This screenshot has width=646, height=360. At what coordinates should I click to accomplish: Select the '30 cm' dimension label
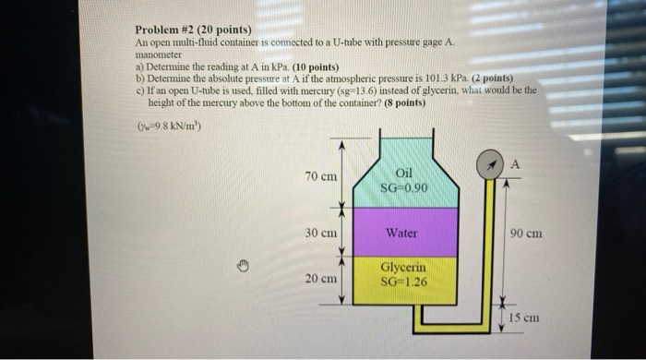pos(320,233)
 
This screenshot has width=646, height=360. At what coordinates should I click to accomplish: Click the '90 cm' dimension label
pos(525,234)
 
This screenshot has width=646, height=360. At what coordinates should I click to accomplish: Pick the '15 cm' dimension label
pos(522,318)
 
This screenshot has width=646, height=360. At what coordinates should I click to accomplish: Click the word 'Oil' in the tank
pos(403,173)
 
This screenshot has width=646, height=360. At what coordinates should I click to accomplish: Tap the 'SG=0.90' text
pos(403,188)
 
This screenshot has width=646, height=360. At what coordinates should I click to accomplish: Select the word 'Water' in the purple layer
pos(401,234)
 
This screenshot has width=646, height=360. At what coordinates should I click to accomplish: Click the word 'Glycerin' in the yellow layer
pos(402,268)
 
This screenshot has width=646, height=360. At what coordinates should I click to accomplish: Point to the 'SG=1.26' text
pos(403,282)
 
